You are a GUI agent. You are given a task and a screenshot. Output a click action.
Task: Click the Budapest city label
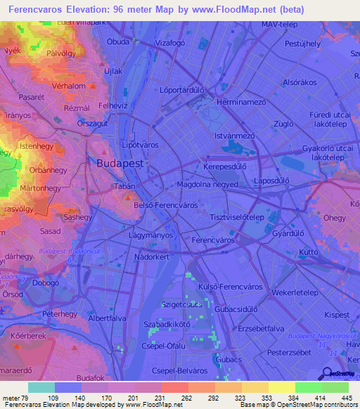(x=120, y=162)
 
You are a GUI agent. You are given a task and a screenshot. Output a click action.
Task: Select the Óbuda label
(x=117, y=41)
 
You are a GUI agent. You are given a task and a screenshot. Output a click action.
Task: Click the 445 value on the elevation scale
(x=345, y=398)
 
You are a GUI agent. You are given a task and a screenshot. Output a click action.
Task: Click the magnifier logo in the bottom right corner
(x=327, y=374)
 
